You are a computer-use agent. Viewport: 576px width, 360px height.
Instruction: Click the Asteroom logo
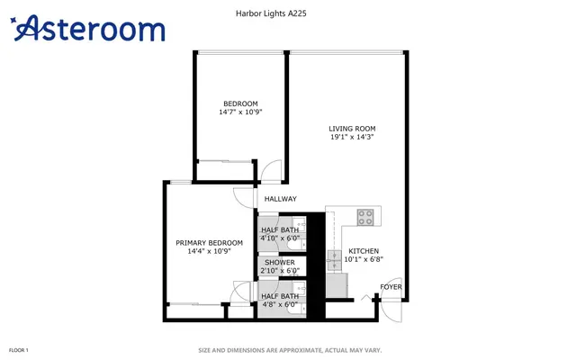87,28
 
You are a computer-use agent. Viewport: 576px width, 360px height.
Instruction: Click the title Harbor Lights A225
271,13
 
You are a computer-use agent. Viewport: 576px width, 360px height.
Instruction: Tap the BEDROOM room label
240,103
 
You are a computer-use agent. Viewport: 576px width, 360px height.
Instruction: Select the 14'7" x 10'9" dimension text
240,112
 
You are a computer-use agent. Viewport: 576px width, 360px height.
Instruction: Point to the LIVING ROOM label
352,129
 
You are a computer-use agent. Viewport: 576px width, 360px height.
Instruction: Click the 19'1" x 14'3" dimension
352,137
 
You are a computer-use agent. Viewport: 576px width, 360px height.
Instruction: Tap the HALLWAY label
280,199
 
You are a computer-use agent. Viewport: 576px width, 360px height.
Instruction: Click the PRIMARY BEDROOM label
209,243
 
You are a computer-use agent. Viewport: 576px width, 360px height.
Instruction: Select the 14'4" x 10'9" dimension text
209,251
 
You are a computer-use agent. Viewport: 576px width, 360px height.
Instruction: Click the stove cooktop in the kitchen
365,217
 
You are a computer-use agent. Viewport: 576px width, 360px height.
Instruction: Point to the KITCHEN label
364,251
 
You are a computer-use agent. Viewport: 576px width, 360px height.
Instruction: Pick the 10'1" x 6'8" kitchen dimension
364,259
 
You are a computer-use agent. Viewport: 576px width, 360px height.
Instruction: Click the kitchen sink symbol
334,260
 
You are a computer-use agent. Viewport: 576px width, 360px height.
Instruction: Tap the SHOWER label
280,262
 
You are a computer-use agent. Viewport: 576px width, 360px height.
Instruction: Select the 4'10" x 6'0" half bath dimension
280,238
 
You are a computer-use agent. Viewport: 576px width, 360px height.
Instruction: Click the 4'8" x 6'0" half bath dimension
280,304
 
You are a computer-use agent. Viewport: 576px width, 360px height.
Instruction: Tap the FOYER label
391,287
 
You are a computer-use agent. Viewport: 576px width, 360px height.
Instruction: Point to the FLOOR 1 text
18,350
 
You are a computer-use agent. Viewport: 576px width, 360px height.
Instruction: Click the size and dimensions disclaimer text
290,350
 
